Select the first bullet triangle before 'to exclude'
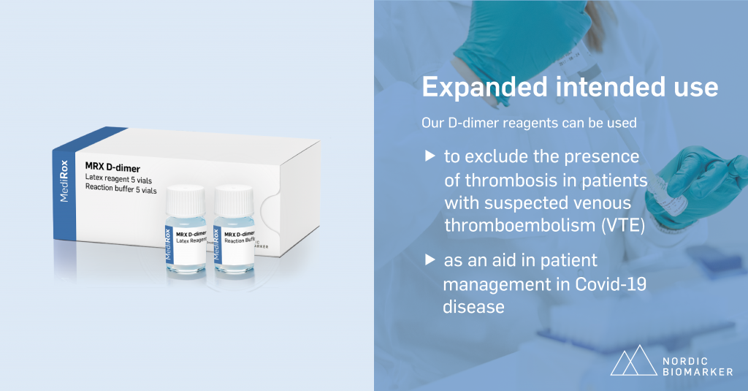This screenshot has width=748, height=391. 428,156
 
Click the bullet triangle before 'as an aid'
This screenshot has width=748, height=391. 428,260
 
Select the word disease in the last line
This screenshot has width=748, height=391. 473,306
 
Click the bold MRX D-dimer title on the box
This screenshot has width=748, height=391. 112,169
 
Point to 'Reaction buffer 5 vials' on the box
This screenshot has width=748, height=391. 121,190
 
